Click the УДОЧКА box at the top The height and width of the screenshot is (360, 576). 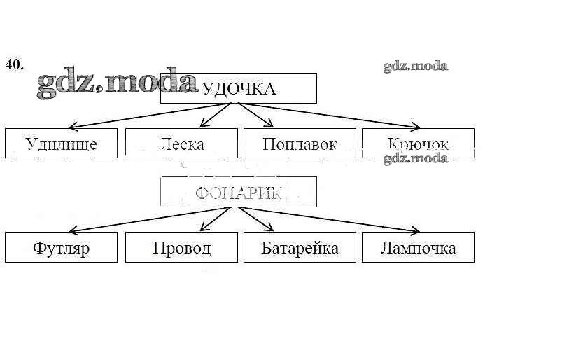pyautogui.click(x=238, y=88)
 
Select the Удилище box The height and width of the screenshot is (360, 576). pyautogui.click(x=61, y=144)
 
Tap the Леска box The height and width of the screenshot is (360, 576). pyautogui.click(x=181, y=144)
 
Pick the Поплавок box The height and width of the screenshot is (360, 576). pyautogui.click(x=300, y=144)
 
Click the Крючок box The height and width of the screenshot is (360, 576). pyautogui.click(x=418, y=144)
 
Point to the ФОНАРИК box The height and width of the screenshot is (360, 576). pyautogui.click(x=238, y=192)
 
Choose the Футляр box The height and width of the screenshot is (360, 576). pyautogui.click(x=61, y=247)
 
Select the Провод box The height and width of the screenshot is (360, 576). pyautogui.click(x=181, y=247)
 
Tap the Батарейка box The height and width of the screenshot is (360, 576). pyautogui.click(x=300, y=247)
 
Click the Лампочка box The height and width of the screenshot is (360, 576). pyautogui.click(x=418, y=247)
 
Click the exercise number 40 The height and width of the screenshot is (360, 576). pyautogui.click(x=14, y=64)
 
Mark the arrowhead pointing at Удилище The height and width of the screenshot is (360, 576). pyautogui.click(x=73, y=127)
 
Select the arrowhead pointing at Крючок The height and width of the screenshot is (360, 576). pyautogui.click(x=415, y=127)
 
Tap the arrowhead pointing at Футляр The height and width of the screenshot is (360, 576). pyautogui.click(x=73, y=230)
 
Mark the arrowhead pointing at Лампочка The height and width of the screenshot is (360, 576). pyautogui.click(x=415, y=230)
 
